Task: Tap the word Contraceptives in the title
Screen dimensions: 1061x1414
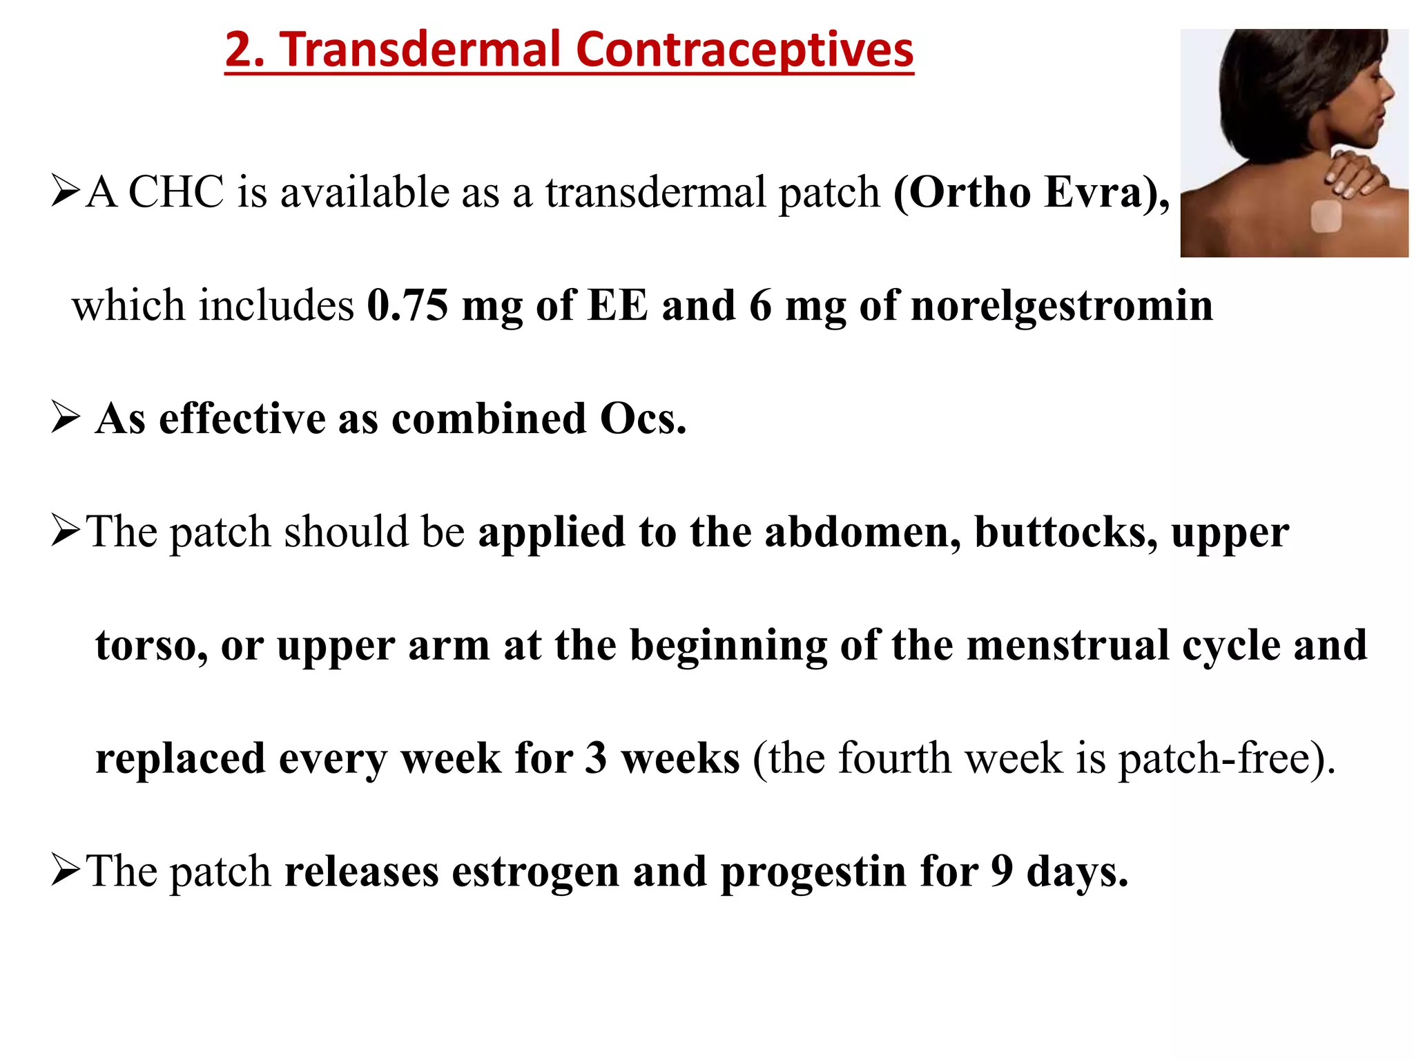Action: coord(744,51)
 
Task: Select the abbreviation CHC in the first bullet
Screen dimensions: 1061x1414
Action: coord(176,191)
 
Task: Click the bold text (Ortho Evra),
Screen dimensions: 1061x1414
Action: coord(1032,191)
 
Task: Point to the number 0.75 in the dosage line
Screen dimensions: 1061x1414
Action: coord(407,305)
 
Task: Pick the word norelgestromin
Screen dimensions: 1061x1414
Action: coord(1062,306)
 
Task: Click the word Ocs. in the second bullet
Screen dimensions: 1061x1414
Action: coord(643,419)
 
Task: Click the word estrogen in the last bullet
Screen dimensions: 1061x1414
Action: coord(535,872)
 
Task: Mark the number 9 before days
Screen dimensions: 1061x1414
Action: coord(1002,871)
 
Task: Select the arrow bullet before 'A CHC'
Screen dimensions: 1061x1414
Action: coord(66,191)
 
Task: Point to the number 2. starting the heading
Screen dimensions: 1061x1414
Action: coord(245,50)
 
